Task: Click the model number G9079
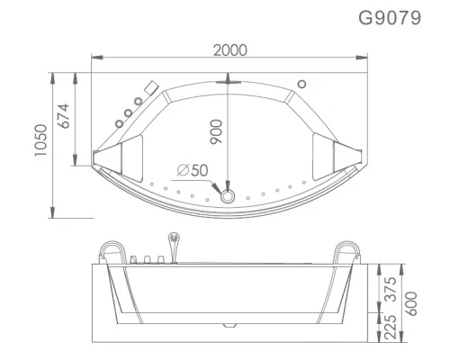tap(390, 18)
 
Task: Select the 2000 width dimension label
tap(230, 50)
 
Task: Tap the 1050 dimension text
tap(40, 139)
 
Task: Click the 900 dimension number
tap(216, 132)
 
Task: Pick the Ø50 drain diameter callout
tap(193, 170)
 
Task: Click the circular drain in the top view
tap(228, 196)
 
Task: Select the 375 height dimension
tap(391, 290)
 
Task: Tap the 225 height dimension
tap(391, 327)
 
